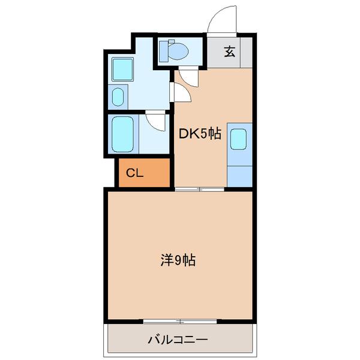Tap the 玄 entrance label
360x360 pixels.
tap(229, 52)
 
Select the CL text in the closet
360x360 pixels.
tap(134, 173)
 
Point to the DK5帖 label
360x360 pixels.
tap(200, 135)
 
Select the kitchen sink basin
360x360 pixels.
tap(238, 139)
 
